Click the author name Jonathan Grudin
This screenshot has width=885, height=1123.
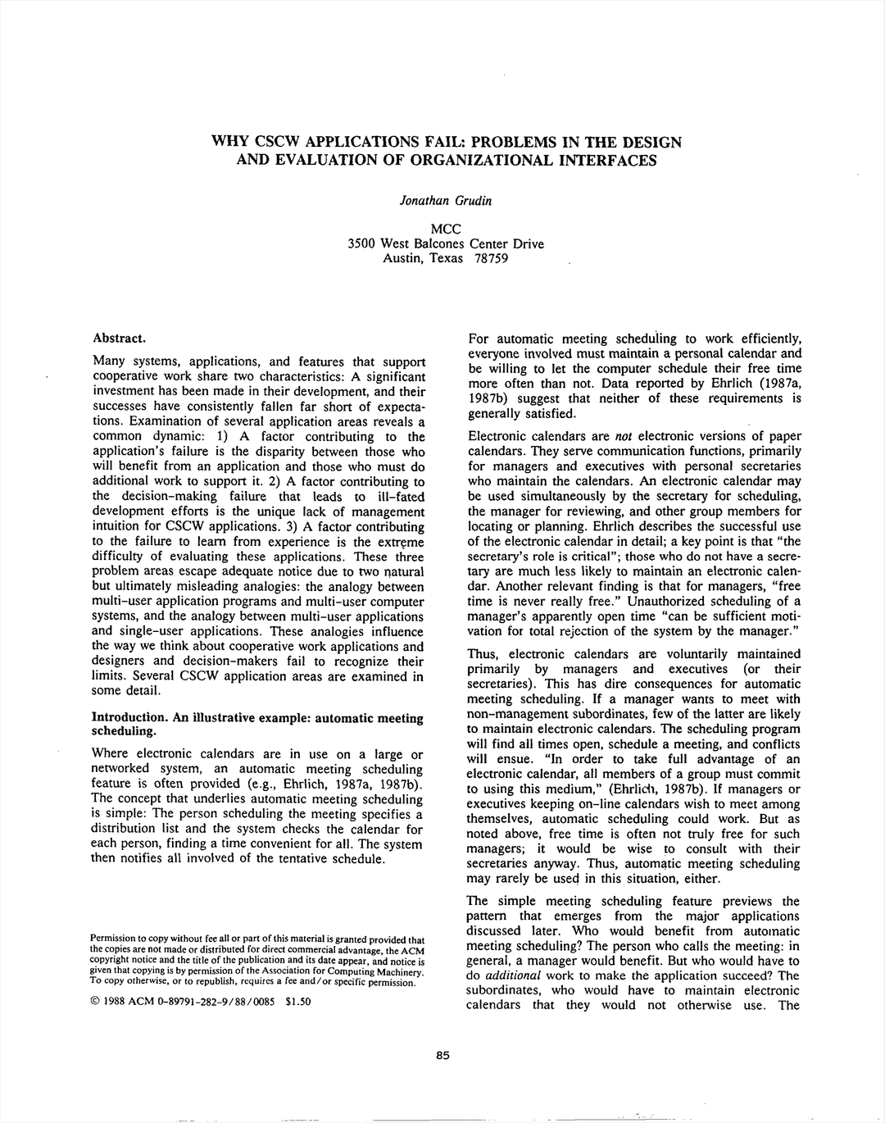(x=445, y=201)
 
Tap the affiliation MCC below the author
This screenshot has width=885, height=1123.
(x=445, y=229)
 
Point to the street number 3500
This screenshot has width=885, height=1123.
(x=361, y=243)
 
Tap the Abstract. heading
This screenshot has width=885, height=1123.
(x=120, y=338)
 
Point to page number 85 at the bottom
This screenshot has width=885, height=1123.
(x=442, y=1056)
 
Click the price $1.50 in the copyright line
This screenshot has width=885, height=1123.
(x=297, y=1001)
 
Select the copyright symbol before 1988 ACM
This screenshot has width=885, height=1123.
(x=95, y=1001)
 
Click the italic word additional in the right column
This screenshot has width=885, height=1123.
(x=513, y=975)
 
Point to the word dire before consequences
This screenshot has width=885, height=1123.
(x=587, y=684)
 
